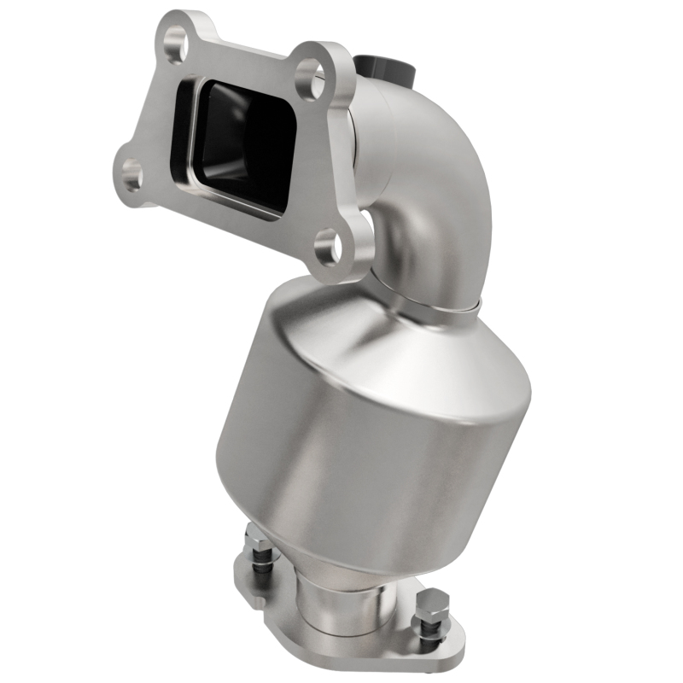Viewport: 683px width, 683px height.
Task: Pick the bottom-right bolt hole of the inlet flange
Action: point(330,248)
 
